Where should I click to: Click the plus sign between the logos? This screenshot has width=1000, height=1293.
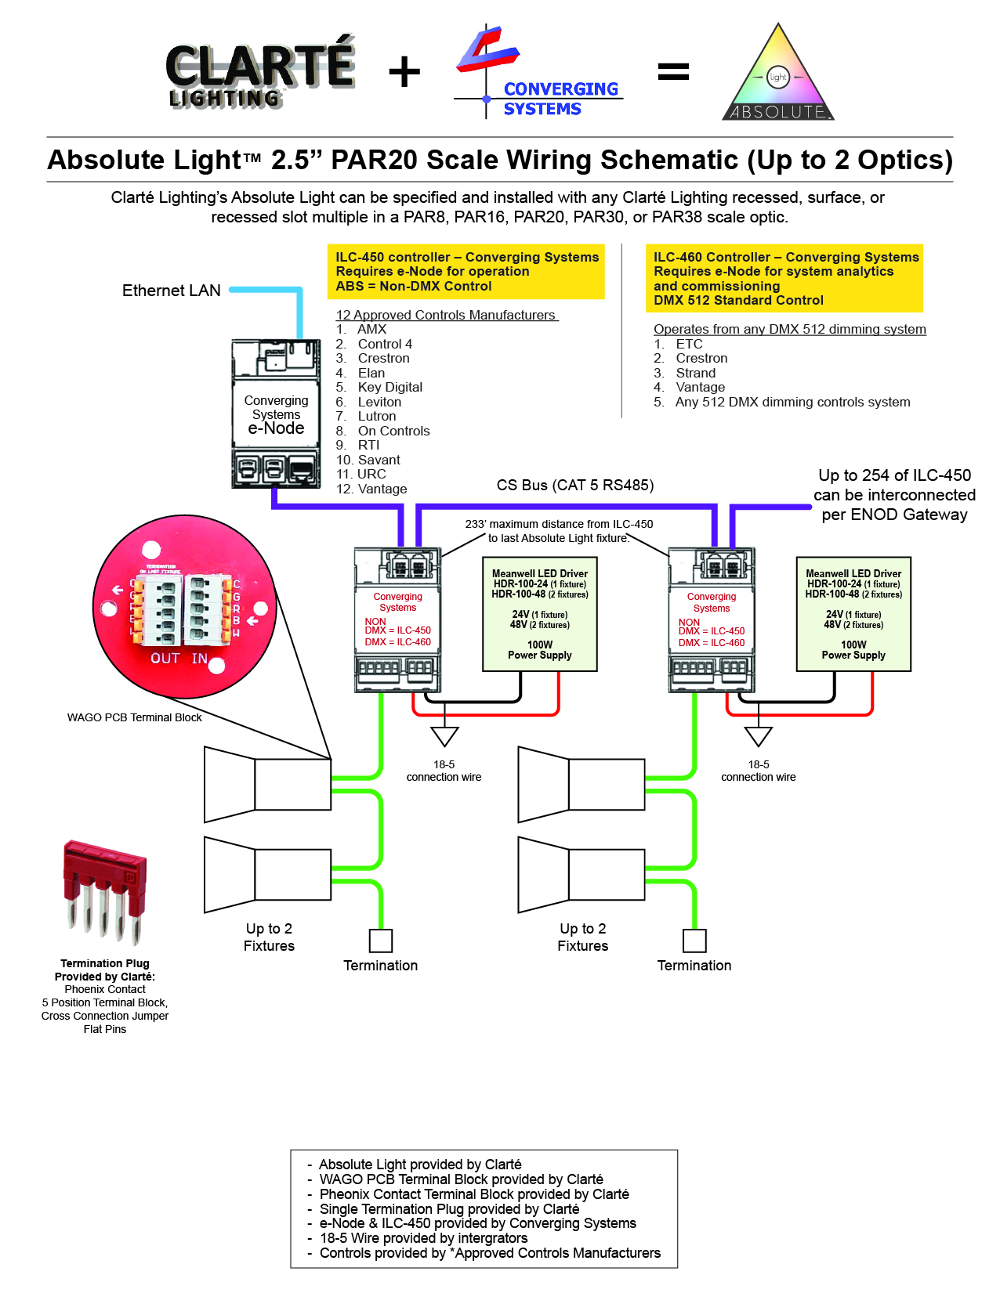(x=404, y=72)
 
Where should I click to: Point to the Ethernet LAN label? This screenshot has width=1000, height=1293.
(x=172, y=291)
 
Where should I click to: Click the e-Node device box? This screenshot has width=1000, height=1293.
(x=276, y=414)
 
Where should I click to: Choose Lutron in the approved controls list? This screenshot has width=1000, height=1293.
(x=377, y=417)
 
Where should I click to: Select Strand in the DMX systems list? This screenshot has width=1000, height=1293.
(x=695, y=373)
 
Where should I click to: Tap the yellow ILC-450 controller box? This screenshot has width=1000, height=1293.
(x=466, y=272)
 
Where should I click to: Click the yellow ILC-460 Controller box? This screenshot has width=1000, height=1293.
(x=784, y=279)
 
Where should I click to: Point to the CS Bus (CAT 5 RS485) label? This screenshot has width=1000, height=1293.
(x=575, y=486)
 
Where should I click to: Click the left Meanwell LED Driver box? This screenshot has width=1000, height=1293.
(x=540, y=614)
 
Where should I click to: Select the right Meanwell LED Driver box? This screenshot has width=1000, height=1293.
(x=853, y=614)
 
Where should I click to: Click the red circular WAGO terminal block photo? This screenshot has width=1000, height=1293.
(x=184, y=607)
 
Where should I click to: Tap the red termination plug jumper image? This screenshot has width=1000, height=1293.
(x=105, y=892)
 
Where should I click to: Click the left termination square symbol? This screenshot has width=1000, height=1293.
(x=381, y=941)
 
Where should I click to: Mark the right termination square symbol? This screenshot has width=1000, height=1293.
(x=694, y=941)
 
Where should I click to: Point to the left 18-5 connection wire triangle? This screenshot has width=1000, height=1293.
(x=444, y=736)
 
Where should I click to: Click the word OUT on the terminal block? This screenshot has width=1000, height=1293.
(x=165, y=659)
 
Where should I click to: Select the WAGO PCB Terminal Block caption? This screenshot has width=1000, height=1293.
(x=135, y=717)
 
